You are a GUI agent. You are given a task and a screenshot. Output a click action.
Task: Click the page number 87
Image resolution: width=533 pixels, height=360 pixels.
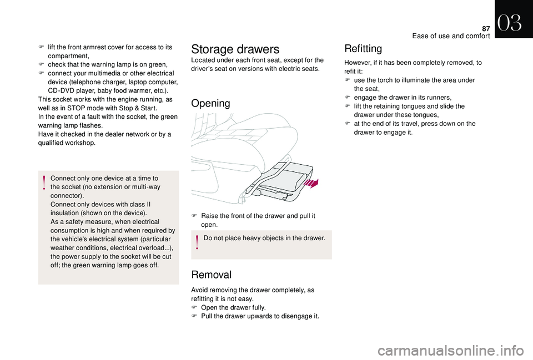click(x=486, y=29)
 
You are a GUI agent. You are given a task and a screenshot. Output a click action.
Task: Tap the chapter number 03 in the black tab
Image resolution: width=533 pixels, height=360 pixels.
click(x=510, y=23)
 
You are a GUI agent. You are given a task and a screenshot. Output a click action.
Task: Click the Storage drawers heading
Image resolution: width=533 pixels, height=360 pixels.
click(x=235, y=49)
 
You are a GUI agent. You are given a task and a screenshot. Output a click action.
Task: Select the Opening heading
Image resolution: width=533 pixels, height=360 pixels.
click(x=211, y=103)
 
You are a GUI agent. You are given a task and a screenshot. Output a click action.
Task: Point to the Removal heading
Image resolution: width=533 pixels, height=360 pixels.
click(x=212, y=275)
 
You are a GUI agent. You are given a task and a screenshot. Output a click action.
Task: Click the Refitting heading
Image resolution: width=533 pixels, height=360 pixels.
click(x=363, y=49)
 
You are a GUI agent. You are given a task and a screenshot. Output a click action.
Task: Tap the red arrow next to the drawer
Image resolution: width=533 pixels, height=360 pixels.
click(x=311, y=184)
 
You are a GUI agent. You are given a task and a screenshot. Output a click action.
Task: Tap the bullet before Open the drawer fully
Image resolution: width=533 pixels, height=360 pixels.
click(x=194, y=307)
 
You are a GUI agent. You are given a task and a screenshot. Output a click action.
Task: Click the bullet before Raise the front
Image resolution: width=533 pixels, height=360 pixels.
click(x=194, y=216)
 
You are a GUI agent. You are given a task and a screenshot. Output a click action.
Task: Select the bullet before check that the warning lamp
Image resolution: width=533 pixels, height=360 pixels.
click(x=41, y=64)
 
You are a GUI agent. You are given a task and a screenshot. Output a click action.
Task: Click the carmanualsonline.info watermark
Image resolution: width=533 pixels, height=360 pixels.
click(x=451, y=351)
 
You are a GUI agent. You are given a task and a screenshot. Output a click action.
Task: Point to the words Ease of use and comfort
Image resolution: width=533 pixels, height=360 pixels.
click(x=451, y=36)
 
